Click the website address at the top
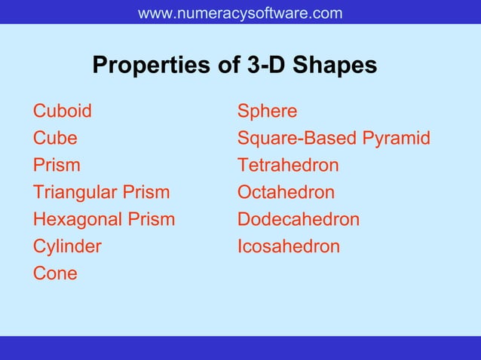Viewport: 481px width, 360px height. pos(240,14)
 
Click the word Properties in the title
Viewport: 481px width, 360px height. pos(152,66)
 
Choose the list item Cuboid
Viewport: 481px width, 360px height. pos(63,111)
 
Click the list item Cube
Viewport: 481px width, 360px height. pos(55,139)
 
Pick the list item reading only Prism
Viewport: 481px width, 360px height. pos(57,165)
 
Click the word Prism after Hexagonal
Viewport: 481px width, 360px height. pos(152,219)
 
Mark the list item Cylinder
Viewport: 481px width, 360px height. pos(67,246)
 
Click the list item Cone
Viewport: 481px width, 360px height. pos(55,273)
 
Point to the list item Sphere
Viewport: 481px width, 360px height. pos(267,111)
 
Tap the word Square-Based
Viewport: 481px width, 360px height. pos(297,139)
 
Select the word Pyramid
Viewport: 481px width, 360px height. pos(397,139)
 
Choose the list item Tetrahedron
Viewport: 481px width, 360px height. pos(288,165)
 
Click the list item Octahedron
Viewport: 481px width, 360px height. pos(286,192)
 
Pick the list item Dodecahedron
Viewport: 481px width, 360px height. pos(298,219)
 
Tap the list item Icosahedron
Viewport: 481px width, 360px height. pos(288,246)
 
